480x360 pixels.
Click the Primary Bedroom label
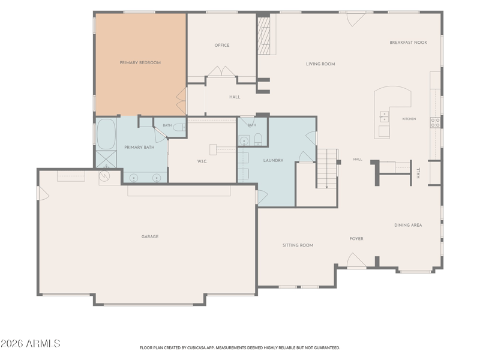(x=140, y=63)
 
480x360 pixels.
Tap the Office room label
(x=222, y=46)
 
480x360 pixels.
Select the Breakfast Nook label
(x=409, y=43)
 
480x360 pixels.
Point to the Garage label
(x=150, y=236)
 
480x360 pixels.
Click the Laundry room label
(x=274, y=160)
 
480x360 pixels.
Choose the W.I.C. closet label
(x=202, y=161)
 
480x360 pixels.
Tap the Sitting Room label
(x=298, y=245)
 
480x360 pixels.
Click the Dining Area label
(x=408, y=225)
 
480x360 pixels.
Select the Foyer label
(x=356, y=238)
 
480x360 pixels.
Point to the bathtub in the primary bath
(x=106, y=134)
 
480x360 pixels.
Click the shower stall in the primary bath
(x=106, y=159)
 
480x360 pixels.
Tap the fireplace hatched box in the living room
(x=263, y=36)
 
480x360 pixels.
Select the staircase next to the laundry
(x=327, y=169)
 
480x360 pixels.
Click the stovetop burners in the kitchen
(x=435, y=122)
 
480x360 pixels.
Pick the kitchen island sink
(x=384, y=116)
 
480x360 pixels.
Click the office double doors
(x=222, y=71)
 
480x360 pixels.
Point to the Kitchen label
(x=409, y=119)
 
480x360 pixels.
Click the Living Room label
(x=320, y=64)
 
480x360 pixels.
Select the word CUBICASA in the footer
(x=198, y=348)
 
